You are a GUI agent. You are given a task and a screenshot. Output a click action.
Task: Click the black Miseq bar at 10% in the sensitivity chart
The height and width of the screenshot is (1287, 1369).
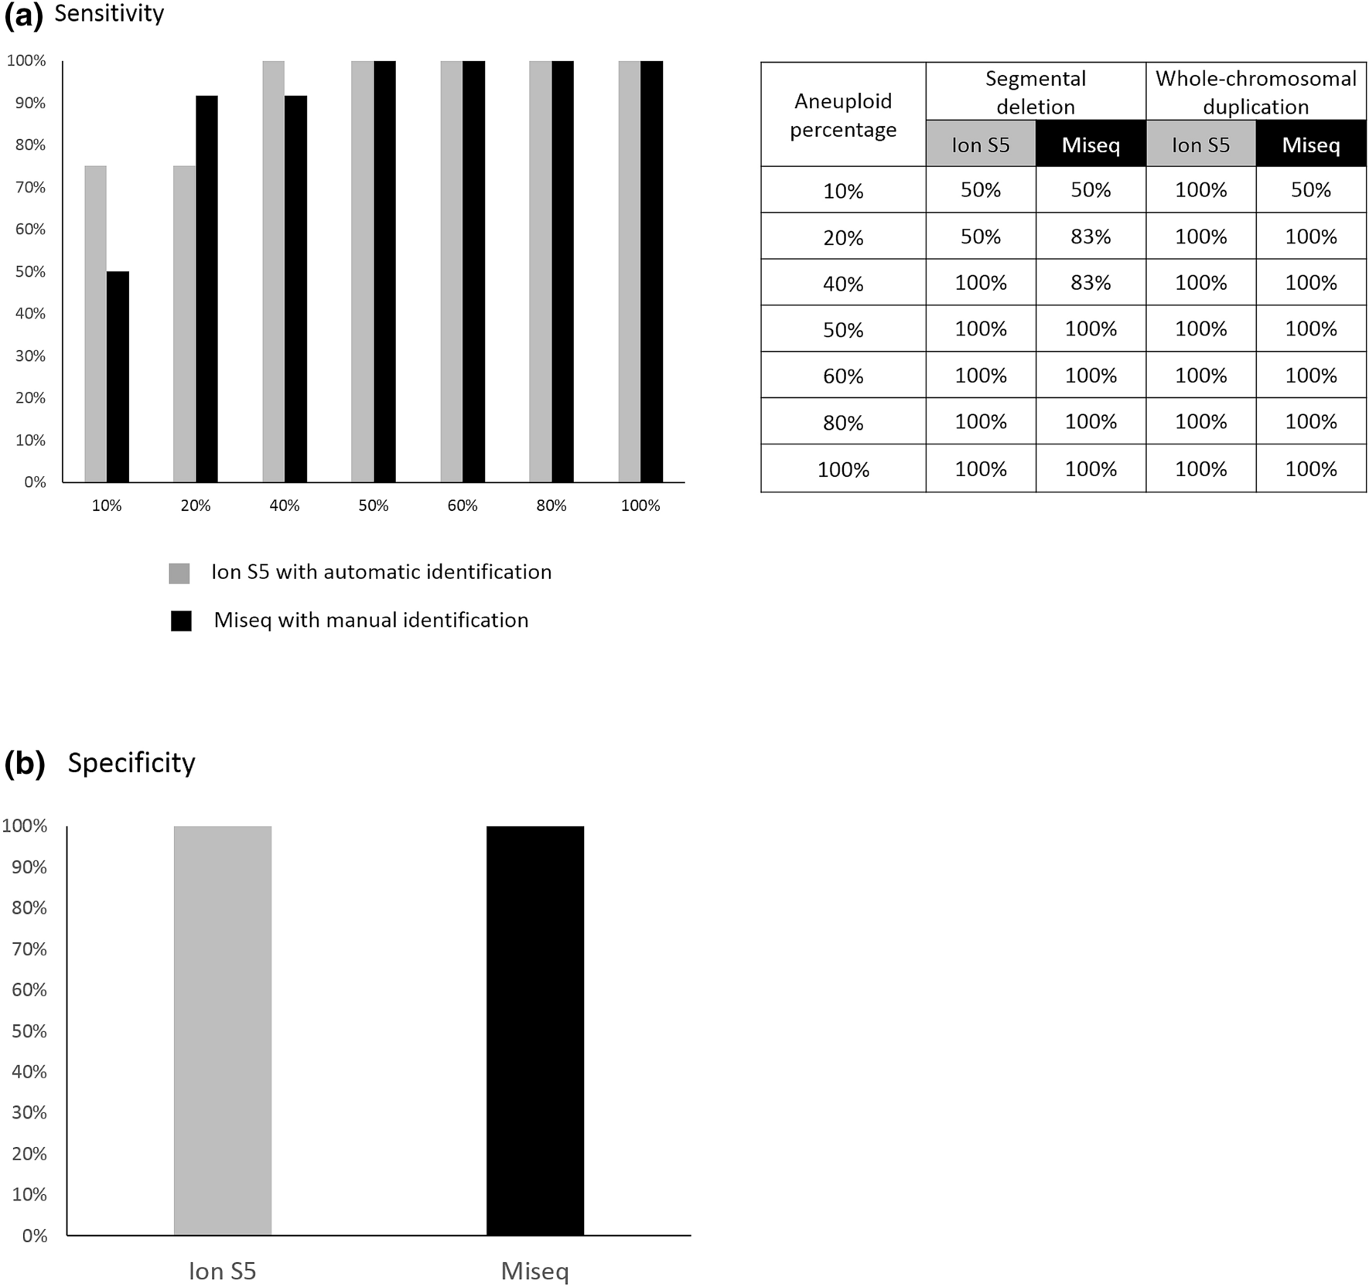tap(118, 376)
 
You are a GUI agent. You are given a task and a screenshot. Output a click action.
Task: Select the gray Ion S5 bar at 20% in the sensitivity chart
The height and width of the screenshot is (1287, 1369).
tap(184, 324)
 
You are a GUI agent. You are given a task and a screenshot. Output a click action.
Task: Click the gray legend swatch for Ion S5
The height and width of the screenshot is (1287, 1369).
tap(179, 573)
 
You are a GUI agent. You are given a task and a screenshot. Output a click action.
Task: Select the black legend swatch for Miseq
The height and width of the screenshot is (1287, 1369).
tap(181, 621)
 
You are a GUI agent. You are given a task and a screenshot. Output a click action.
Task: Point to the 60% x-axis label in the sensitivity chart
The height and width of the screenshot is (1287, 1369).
tap(463, 506)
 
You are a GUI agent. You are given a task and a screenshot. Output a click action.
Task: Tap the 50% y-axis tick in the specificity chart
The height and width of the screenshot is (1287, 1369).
tap(29, 1030)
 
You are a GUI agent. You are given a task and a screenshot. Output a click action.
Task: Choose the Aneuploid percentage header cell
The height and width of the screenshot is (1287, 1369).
tap(843, 114)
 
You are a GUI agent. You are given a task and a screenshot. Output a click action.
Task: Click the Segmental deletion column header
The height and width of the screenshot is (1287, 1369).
tap(1036, 92)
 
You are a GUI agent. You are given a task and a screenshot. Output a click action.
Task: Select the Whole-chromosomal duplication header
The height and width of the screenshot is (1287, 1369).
tap(1256, 92)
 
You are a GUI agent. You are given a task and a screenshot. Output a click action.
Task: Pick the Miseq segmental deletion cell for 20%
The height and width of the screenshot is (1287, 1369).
tap(1091, 236)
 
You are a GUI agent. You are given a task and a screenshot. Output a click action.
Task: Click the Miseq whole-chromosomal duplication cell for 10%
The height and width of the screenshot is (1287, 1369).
tap(1311, 189)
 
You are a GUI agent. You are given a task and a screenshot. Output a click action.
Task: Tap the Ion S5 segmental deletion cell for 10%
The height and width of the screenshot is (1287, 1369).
tap(981, 189)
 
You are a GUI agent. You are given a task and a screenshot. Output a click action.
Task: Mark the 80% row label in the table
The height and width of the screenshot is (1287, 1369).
tap(843, 422)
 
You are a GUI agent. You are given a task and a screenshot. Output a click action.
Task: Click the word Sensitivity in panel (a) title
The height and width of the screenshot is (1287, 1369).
tap(109, 14)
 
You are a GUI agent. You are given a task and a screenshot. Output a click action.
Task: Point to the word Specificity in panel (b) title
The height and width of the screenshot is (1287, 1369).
tap(131, 763)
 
